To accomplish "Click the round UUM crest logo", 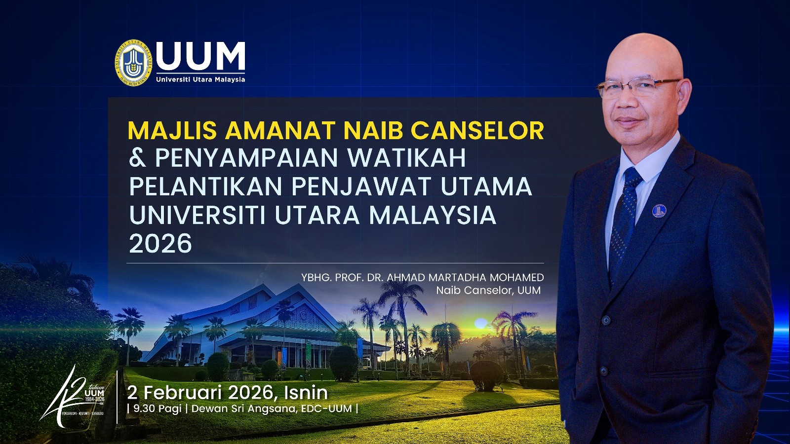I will coord(132,63).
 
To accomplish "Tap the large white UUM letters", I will coord(200,56).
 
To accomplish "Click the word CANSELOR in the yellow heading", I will coord(477,130).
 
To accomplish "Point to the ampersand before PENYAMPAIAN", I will coord(137,158).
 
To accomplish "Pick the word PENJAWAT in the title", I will coord(361,186).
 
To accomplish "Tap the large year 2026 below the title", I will coord(160,244).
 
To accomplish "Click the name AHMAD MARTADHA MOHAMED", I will coord(465,277).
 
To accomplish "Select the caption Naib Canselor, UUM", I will coord(488,290).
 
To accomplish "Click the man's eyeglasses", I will coord(637,88).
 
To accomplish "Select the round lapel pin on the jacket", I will coord(659,211).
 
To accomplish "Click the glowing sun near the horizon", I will coord(480,324).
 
